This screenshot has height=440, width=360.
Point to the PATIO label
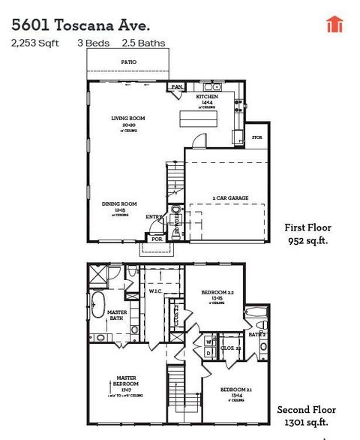130,63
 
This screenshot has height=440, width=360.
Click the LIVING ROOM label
127,119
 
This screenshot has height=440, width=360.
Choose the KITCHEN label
207,98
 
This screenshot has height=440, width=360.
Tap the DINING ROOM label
119,203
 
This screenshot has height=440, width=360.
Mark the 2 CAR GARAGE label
230,198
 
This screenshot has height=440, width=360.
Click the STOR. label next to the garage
257,137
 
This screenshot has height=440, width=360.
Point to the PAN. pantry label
177,88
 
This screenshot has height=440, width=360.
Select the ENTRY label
154,218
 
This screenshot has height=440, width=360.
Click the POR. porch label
157,240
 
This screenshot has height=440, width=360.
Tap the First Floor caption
307,227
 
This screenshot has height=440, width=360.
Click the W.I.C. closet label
156,291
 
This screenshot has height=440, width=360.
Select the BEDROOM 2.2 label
219,293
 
